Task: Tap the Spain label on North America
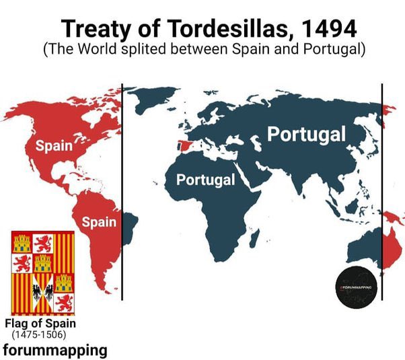click(x=54, y=145)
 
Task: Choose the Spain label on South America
click(x=99, y=221)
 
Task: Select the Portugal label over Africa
click(x=205, y=180)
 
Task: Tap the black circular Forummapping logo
click(x=357, y=289)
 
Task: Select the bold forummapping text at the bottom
click(x=54, y=349)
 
